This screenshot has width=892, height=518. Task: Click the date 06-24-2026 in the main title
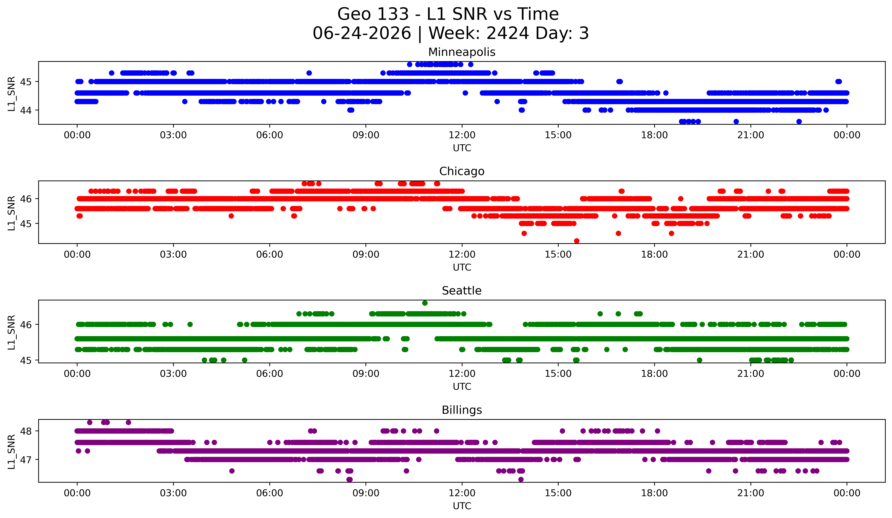click(x=362, y=33)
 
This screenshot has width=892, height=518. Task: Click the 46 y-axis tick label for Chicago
click(x=25, y=199)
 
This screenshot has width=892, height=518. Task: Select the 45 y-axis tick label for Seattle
click(x=25, y=360)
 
